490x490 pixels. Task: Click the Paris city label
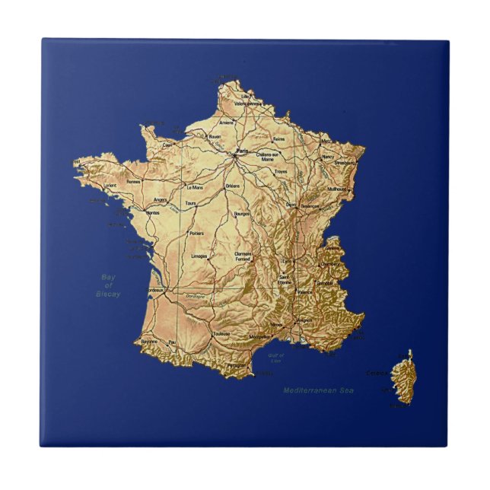point(243,152)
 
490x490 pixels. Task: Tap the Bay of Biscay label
point(109,285)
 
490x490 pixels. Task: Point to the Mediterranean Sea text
point(319,390)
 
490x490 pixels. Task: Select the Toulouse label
point(221,333)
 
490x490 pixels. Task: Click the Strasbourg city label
point(345,162)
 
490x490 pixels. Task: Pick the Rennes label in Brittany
point(134,182)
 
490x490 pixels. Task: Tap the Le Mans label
point(195,186)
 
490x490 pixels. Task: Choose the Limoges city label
point(200,256)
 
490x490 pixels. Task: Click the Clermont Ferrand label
point(243,256)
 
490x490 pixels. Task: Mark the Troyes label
point(281,173)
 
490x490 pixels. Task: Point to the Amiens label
point(227,123)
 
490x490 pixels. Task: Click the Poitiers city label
point(196,233)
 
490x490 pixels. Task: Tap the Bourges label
point(243,214)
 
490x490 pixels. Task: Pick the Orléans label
point(233,186)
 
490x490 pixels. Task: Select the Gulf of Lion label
point(275,357)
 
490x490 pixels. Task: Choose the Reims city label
point(279,139)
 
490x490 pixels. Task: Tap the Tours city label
point(191,204)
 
